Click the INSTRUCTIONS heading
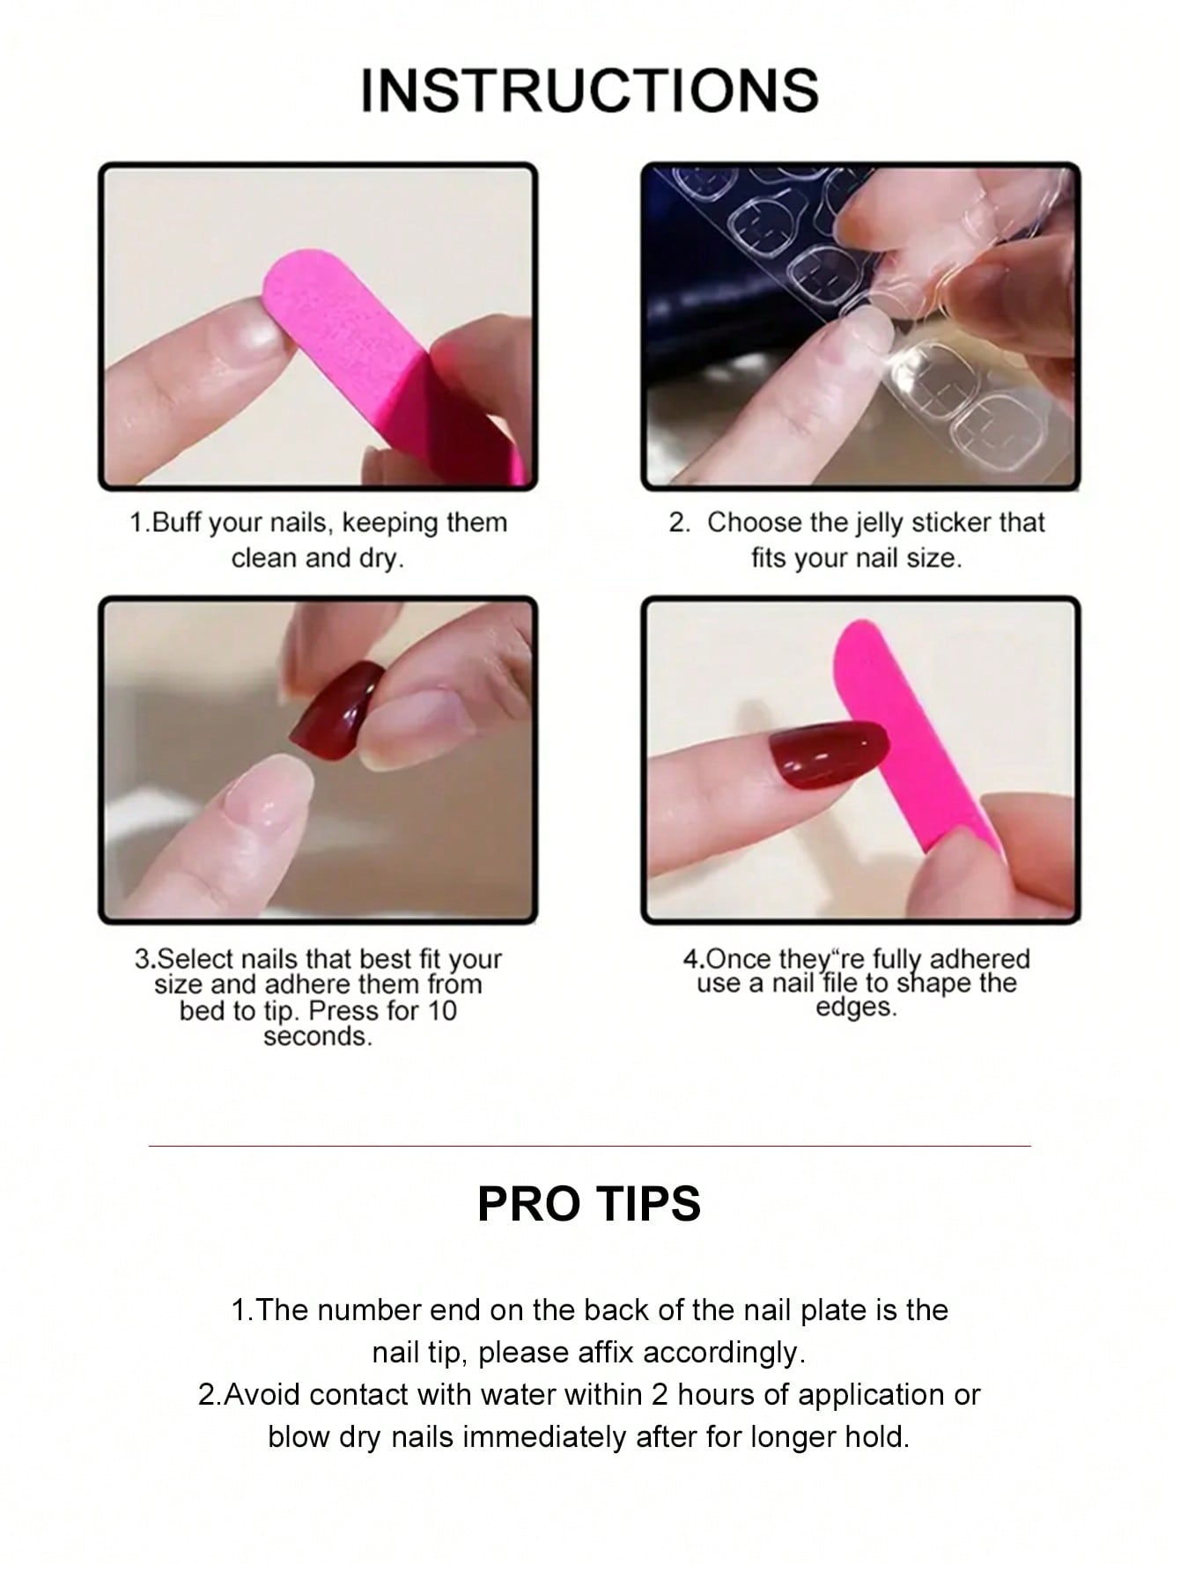pos(590,90)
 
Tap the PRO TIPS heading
pos(589,1203)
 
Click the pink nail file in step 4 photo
pos(911,735)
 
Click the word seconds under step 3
pos(318,1037)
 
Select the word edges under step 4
pos(856,1007)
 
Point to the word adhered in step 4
pos(979,958)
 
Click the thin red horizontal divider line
pos(590,1146)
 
